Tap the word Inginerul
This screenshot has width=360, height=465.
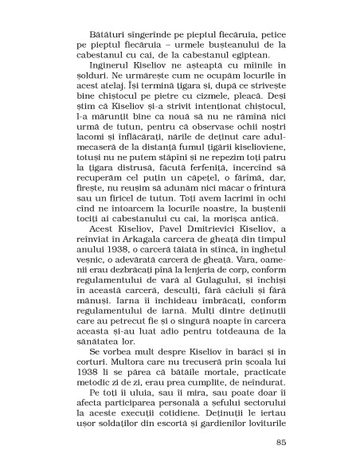[x=110, y=74]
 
